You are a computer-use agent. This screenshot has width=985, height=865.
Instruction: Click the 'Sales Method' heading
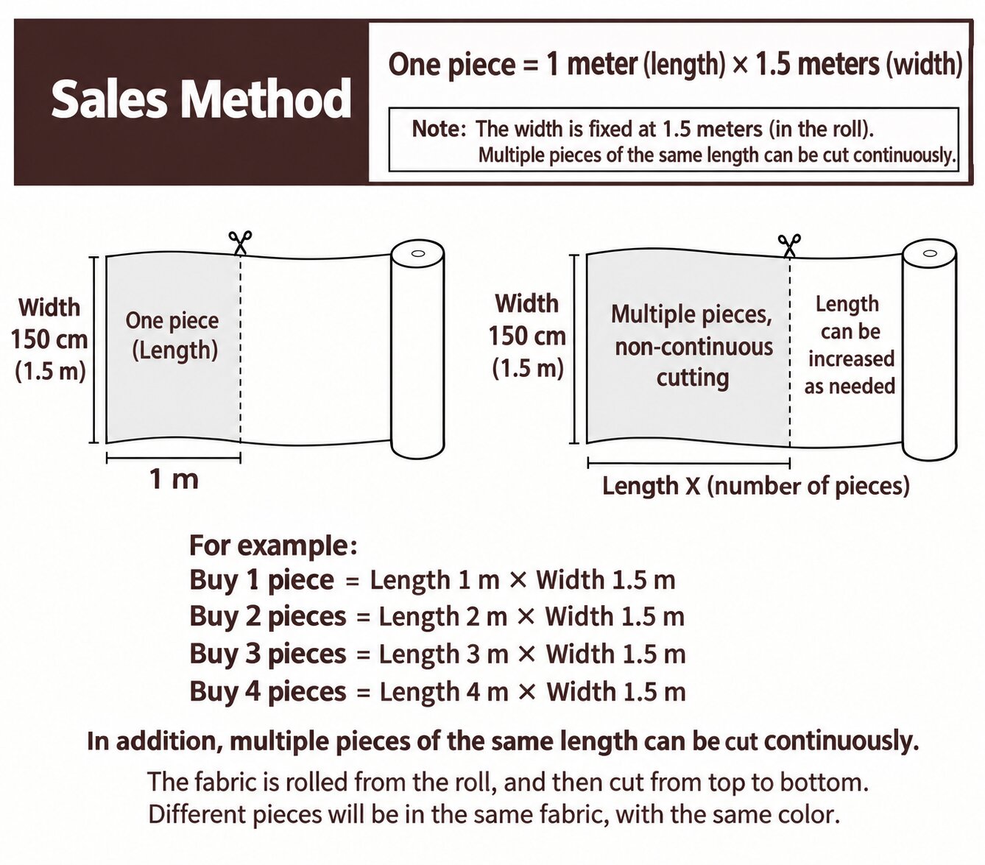[201, 99]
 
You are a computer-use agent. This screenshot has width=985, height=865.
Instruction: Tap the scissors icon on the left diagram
[240, 243]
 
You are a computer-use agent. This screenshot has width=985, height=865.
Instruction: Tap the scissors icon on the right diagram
[788, 246]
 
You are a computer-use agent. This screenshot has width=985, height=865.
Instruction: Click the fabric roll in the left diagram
[417, 349]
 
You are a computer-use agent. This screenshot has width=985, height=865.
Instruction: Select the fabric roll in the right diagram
[929, 349]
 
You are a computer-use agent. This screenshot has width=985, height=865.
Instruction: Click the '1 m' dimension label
[174, 479]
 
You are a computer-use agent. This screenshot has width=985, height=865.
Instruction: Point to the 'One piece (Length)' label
[172, 336]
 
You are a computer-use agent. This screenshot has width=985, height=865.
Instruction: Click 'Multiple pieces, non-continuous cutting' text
[692, 346]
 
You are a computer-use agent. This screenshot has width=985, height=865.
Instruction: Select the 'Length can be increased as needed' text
[849, 345]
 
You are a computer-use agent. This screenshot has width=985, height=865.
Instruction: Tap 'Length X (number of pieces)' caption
[755, 486]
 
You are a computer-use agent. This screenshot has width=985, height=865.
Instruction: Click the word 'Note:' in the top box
[439, 130]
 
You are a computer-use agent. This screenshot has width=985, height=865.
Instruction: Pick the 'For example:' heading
[273, 545]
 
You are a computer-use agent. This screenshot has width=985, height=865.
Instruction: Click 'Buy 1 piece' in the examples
[261, 580]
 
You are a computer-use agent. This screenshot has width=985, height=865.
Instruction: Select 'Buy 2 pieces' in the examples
[267, 616]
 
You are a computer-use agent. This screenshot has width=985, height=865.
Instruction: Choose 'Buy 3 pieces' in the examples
[267, 654]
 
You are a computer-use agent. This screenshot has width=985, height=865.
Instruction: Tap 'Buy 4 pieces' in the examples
[267, 691]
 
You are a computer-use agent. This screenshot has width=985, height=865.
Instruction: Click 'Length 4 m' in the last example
[444, 692]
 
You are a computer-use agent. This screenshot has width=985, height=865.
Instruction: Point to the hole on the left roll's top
[417, 253]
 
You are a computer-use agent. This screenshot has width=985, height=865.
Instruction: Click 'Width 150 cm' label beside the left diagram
[49, 323]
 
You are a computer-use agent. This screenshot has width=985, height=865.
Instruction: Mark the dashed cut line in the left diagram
[240, 349]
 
